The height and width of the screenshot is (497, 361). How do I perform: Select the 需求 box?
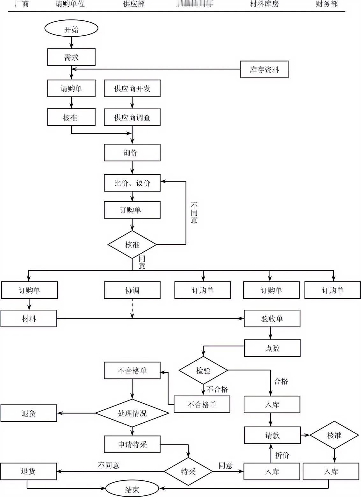click(71, 57)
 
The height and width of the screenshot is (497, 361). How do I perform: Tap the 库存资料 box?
click(264, 69)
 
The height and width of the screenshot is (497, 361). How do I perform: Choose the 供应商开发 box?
click(132, 88)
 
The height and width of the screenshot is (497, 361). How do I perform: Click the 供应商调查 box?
click(132, 117)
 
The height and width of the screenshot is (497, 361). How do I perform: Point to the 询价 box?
click(132, 152)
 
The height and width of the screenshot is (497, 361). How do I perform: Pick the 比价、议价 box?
click(132, 183)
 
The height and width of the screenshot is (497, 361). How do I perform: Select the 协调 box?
click(132, 290)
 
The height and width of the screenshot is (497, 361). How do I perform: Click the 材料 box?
click(29, 318)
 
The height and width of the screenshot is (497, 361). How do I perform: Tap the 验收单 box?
click(272, 318)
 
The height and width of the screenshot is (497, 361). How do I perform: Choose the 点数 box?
click(272, 348)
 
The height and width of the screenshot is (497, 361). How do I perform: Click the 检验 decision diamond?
click(203, 370)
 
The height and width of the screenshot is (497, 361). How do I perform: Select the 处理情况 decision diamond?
click(132, 413)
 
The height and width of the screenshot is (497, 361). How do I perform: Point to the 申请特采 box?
click(132, 444)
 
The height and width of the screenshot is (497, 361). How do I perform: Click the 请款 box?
click(272, 435)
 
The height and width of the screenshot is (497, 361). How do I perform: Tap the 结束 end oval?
click(132, 489)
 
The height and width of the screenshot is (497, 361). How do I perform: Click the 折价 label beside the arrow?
click(282, 455)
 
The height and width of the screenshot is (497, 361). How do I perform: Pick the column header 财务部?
click(327, 4)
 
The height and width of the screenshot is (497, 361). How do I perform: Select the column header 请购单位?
click(70, 4)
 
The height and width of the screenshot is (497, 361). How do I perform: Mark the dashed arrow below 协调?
click(132, 308)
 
